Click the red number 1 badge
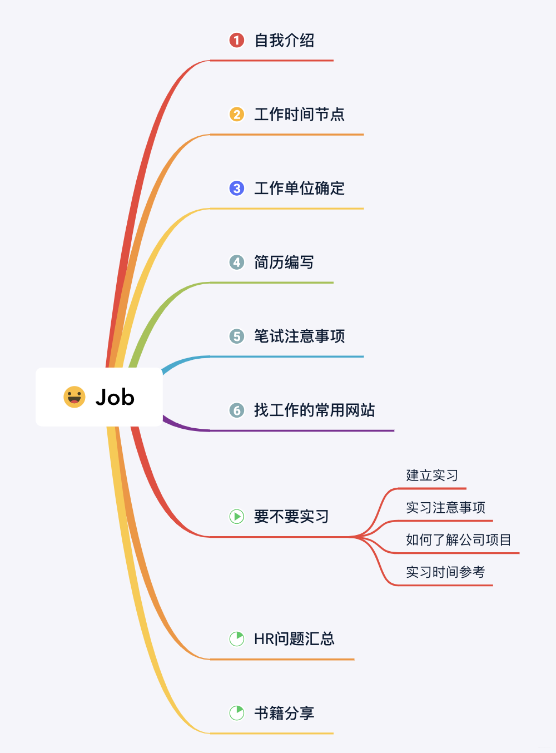click(x=236, y=40)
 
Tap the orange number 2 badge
click(x=236, y=114)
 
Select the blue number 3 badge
click(x=236, y=188)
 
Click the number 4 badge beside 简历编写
click(x=236, y=262)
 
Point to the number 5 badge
click(x=236, y=336)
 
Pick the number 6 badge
click(x=236, y=410)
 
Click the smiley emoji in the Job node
click(x=74, y=397)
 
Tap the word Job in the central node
click(x=115, y=397)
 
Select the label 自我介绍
click(x=284, y=40)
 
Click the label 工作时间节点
click(x=299, y=114)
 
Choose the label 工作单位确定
click(x=299, y=188)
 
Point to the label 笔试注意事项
click(x=299, y=336)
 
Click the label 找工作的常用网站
click(x=314, y=410)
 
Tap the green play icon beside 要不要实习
click(x=236, y=516)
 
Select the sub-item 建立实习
click(x=432, y=475)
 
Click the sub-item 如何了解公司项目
click(x=458, y=539)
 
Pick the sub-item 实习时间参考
click(x=445, y=572)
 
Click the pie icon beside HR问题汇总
click(x=236, y=638)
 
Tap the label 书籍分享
click(x=284, y=712)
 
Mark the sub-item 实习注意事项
click(x=445, y=507)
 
